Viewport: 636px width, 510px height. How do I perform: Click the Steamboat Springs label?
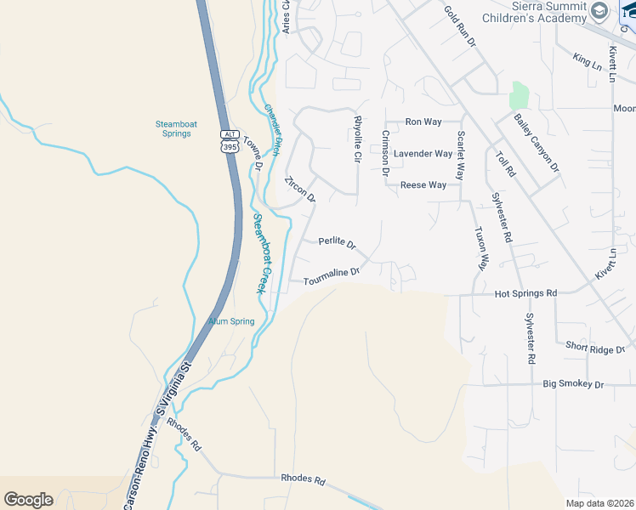click(176, 128)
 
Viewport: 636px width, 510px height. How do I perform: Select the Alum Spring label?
click(231, 321)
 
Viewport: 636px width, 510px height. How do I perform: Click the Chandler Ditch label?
click(272, 130)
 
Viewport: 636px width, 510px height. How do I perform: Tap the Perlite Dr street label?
click(338, 242)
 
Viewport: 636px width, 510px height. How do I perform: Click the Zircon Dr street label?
click(300, 190)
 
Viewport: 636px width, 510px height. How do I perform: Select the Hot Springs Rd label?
click(525, 293)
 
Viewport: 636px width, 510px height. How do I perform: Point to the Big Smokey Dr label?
click(573, 384)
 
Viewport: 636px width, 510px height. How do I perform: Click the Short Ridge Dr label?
click(595, 347)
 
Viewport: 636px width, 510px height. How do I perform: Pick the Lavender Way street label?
click(423, 154)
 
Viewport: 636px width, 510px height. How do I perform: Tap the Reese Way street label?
click(423, 184)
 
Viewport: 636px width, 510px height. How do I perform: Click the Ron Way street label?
click(423, 122)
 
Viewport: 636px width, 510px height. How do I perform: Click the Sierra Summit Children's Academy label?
click(534, 12)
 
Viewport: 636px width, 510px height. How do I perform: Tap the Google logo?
click(28, 500)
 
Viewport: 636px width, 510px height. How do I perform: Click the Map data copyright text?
click(600, 502)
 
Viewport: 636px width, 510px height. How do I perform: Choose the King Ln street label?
click(587, 59)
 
